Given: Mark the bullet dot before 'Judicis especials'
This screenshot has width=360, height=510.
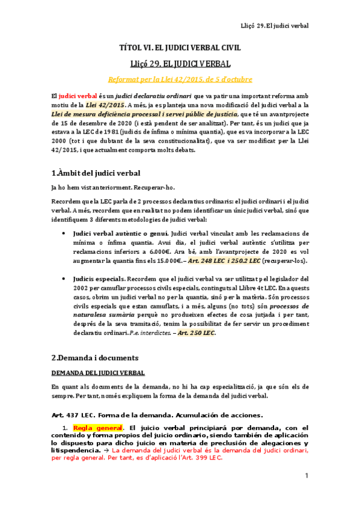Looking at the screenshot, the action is click(64, 279).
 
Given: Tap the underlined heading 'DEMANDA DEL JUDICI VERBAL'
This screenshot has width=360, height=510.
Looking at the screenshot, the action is click(98, 373).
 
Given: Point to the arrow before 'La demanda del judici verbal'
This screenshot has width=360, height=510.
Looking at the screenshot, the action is click(106, 449).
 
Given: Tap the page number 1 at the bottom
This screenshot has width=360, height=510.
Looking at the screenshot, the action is click(306, 476).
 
